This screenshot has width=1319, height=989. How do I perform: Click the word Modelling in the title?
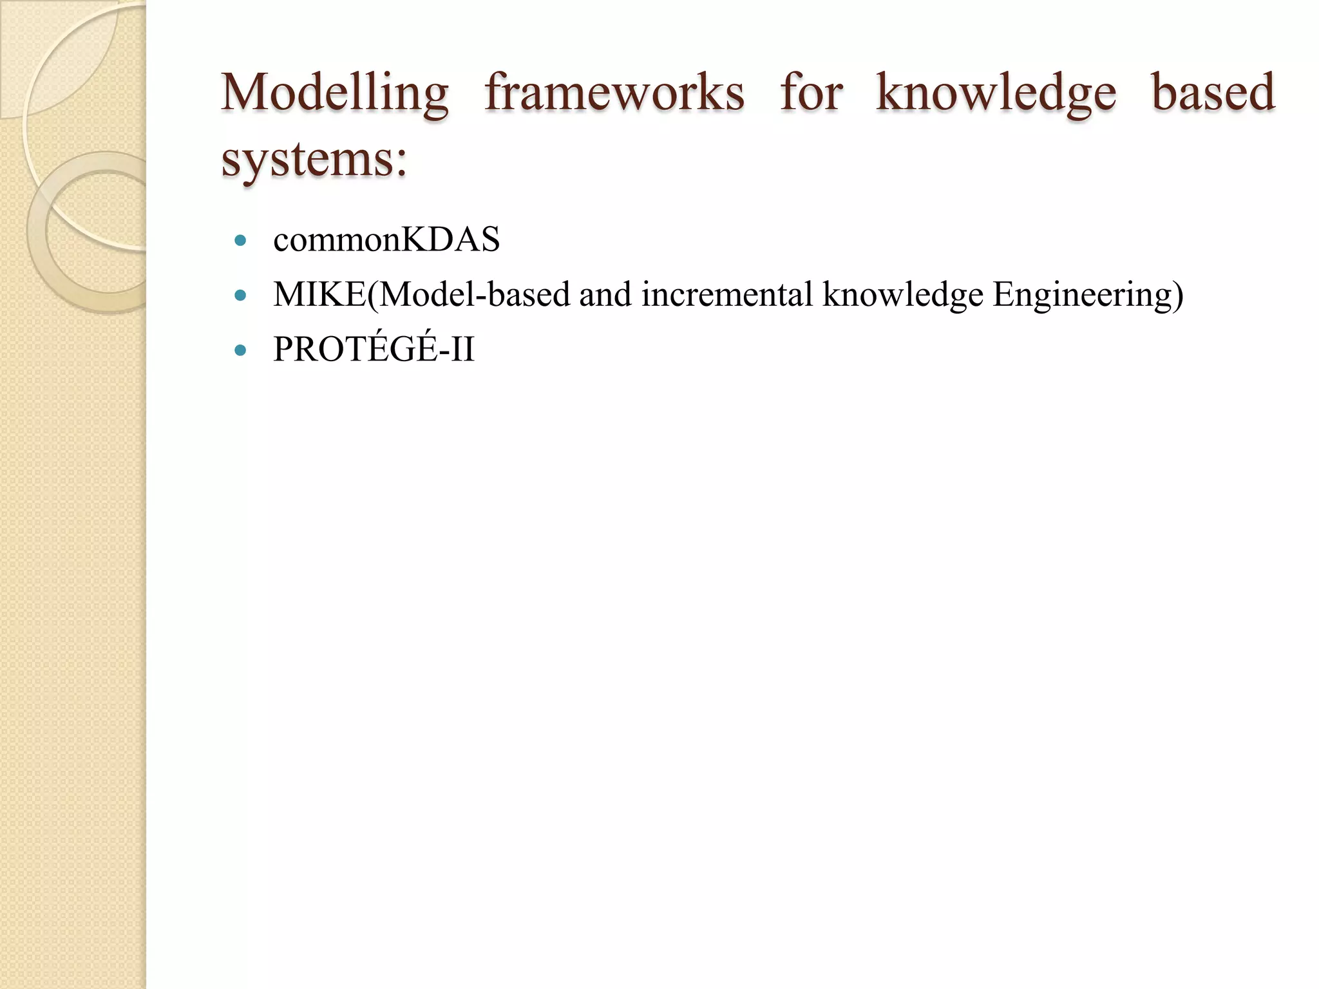[334, 93]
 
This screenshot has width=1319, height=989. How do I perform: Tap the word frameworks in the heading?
[614, 93]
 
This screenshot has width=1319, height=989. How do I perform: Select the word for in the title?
[811, 93]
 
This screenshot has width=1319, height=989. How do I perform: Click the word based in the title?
[1213, 93]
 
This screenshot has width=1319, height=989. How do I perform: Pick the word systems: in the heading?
[314, 160]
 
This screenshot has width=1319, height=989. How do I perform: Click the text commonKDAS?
[386, 240]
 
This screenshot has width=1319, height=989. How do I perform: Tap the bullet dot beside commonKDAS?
[241, 241]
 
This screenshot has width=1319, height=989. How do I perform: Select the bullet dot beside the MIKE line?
[241, 296]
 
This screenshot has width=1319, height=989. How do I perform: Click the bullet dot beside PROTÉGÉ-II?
[241, 350]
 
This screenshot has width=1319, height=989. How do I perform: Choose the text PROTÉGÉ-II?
[374, 349]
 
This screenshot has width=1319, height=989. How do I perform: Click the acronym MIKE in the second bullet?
[319, 295]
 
